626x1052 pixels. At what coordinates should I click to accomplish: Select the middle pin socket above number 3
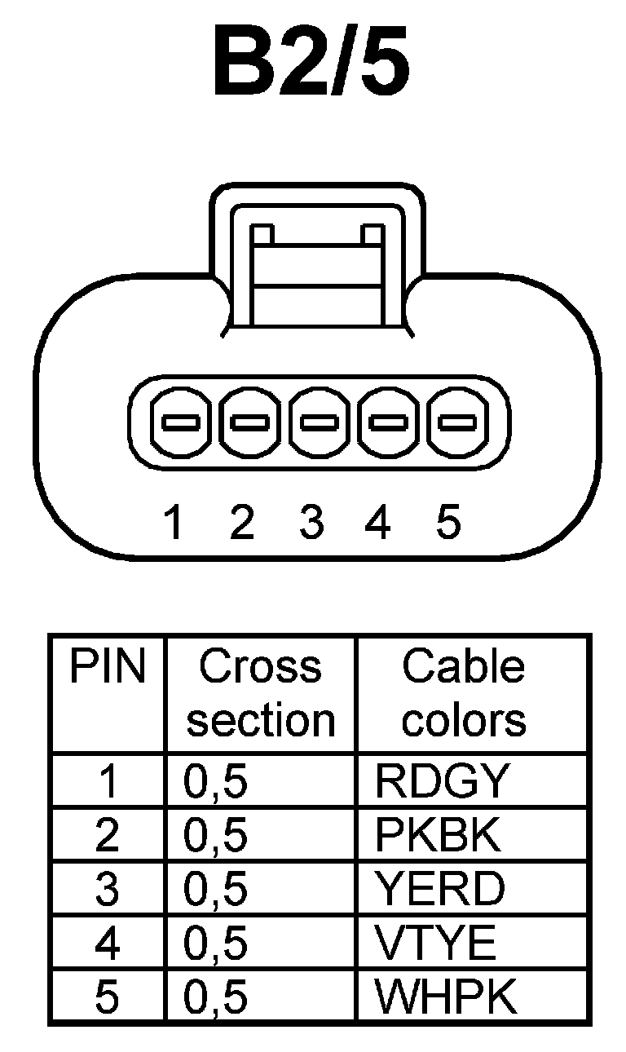(320, 422)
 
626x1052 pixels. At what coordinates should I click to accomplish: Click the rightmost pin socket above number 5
(457, 422)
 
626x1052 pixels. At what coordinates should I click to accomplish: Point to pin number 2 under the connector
(242, 522)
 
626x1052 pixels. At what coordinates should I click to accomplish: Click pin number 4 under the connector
(378, 522)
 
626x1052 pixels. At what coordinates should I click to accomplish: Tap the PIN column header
(107, 668)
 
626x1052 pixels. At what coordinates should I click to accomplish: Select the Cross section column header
(261, 694)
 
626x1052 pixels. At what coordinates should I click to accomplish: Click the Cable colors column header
(464, 694)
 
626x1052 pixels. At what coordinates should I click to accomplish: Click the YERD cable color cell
(439, 889)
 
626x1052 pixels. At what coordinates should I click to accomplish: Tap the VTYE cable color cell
(435, 943)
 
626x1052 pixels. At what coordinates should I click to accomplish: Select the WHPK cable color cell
(446, 996)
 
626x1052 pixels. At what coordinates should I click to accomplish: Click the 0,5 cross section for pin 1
(216, 782)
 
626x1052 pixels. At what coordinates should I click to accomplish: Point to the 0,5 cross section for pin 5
(216, 996)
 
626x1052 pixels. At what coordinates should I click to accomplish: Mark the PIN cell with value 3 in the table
(107, 889)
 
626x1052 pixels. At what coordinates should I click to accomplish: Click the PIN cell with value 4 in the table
(107, 943)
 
